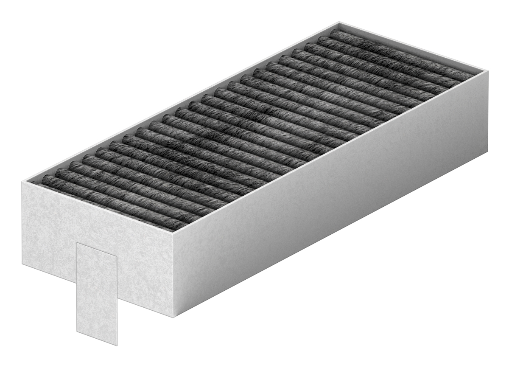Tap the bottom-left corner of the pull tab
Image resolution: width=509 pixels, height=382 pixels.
coord(77,331)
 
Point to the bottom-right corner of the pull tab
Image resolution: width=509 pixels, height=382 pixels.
coord(117,345)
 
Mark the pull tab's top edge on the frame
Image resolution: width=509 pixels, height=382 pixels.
coord(97,249)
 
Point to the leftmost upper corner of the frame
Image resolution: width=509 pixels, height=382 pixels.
coord(22,182)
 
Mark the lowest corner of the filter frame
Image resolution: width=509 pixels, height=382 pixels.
coord(173,316)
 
